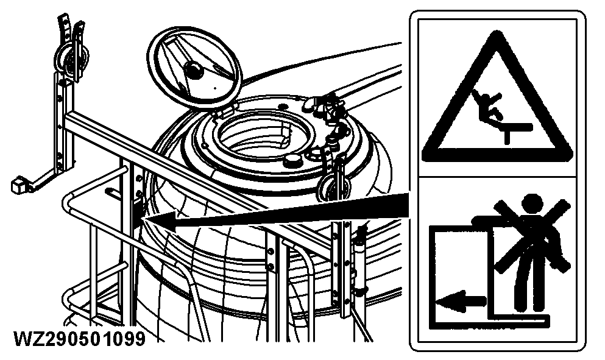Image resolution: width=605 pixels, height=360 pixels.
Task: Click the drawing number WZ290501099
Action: coord(80,339)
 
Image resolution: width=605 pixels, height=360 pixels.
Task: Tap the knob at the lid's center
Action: coord(193,70)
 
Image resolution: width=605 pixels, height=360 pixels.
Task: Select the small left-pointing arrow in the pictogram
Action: coord(461,300)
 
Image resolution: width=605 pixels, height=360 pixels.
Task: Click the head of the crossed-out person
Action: coord(532,204)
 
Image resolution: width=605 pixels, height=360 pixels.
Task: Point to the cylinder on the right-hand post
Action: coord(359,263)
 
